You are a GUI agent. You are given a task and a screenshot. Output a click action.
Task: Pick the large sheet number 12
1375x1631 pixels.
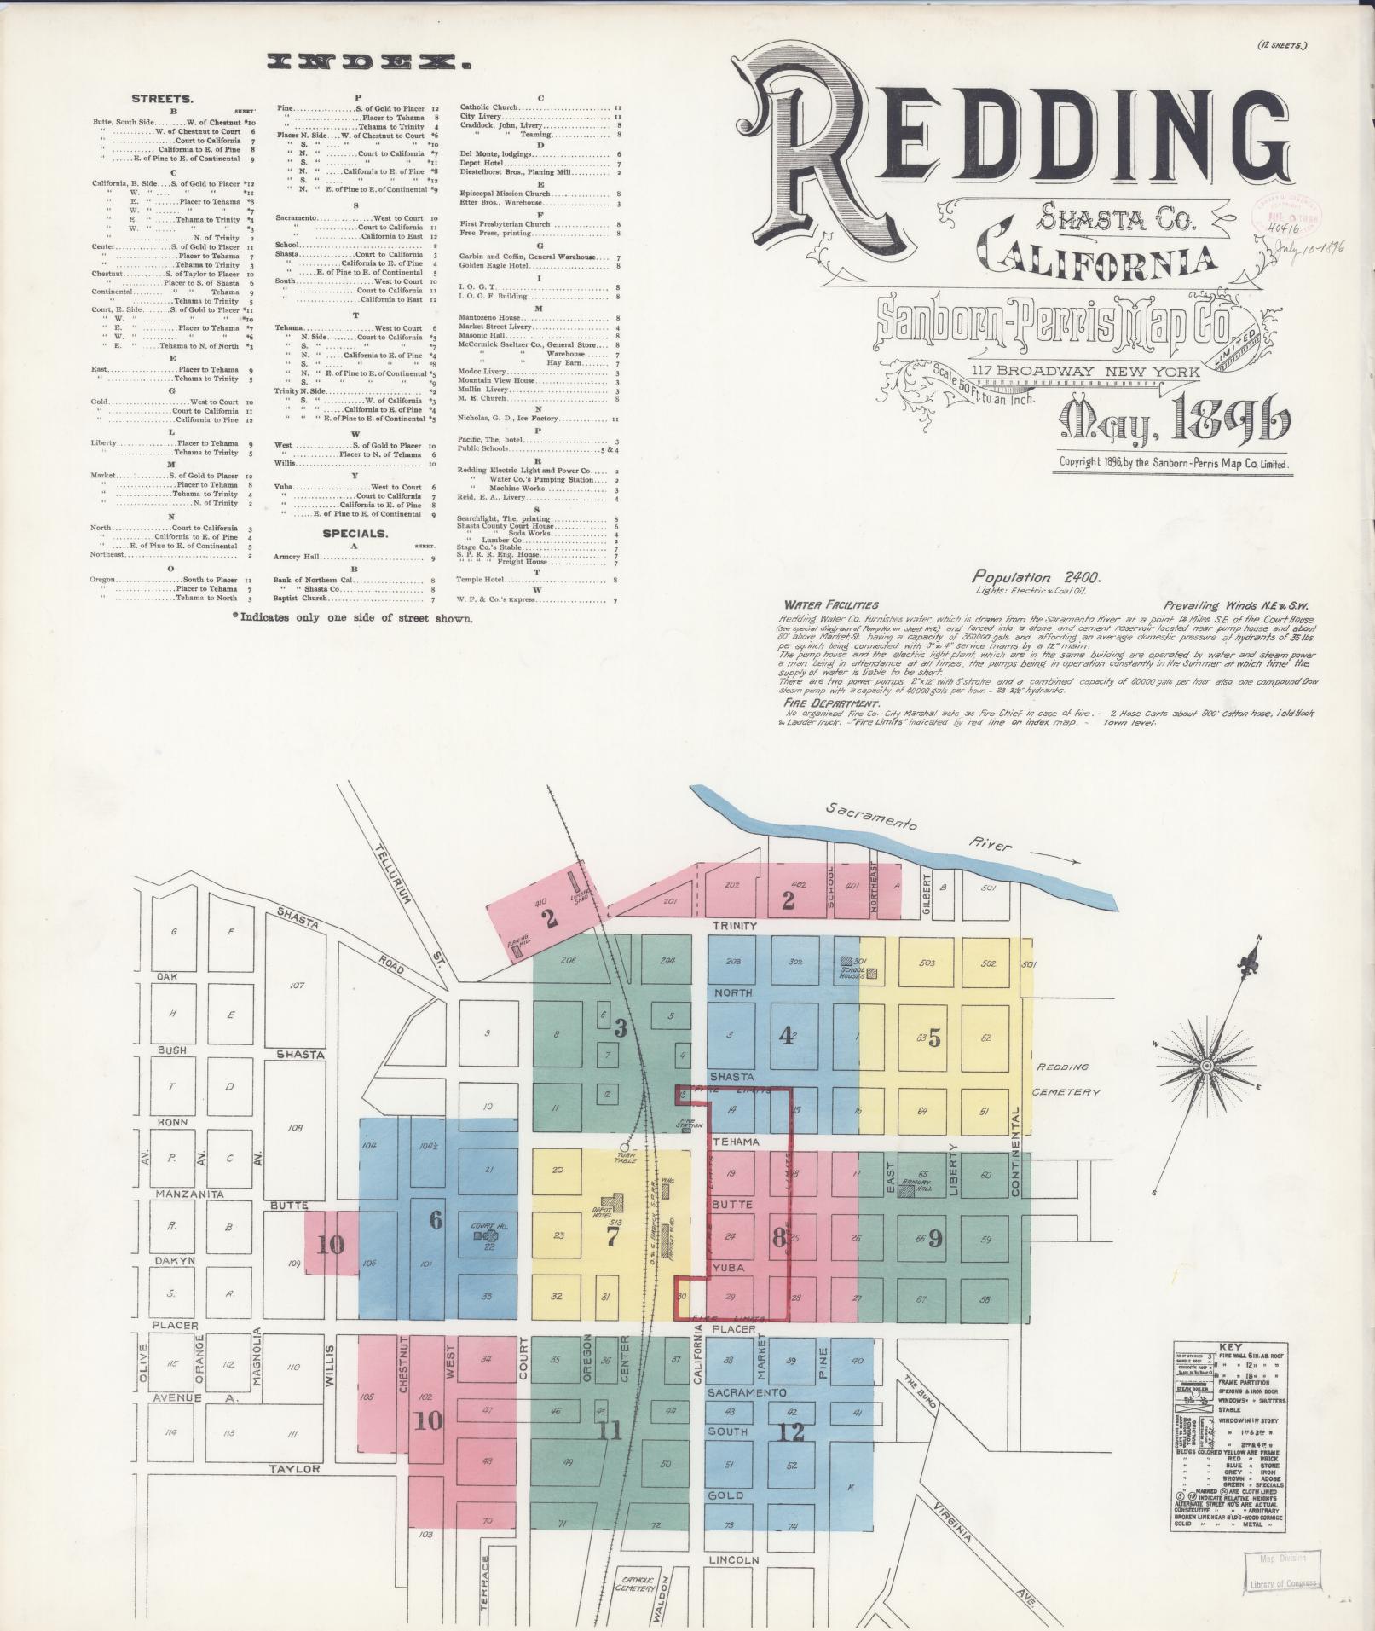point(792,1431)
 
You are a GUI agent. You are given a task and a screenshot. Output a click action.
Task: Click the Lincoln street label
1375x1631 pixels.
point(733,1559)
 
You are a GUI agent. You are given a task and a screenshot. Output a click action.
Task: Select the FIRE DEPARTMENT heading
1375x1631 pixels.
point(830,703)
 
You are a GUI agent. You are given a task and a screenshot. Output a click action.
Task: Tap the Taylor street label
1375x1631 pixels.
point(294,1468)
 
